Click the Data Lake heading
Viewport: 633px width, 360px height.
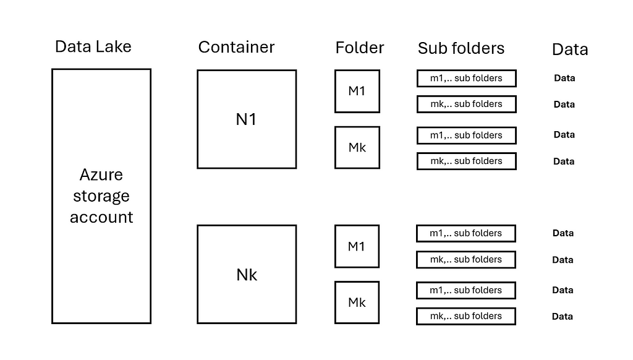93,47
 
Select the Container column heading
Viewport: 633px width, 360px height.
236,47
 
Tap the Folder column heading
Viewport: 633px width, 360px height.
360,48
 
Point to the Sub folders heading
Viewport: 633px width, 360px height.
461,48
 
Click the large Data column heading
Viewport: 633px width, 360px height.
570,49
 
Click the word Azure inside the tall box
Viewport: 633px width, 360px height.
101,175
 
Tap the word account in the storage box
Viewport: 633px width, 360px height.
101,217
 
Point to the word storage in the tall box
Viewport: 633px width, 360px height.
101,196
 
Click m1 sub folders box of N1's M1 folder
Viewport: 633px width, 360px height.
466,71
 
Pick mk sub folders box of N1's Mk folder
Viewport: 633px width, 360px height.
466,153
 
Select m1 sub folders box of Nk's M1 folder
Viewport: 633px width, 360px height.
466,225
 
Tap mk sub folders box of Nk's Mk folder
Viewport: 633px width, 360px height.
466,309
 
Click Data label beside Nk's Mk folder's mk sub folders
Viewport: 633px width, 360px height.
563,316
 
